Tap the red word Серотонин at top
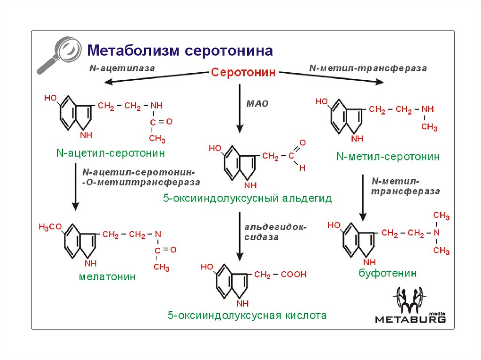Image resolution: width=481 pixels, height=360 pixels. coord(243,73)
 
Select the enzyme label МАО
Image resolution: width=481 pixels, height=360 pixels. coord(257,104)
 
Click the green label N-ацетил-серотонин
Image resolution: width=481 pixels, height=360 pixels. coord(111,153)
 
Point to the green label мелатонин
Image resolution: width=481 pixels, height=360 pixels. coord(107,277)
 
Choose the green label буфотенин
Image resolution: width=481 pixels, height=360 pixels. coord(388,273)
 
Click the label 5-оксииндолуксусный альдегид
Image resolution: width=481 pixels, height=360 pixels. coord(247,199)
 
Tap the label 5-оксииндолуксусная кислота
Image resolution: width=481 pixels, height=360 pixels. coord(247,315)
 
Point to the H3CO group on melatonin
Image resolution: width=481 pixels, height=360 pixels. coord(50,228)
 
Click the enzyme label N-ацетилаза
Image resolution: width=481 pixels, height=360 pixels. coord(122,68)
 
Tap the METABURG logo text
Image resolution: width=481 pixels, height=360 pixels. coord(410,319)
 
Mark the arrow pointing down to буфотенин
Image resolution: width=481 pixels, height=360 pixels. coord(363,197)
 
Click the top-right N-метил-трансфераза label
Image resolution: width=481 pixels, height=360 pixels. coord(368,68)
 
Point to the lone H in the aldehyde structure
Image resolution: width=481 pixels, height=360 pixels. coord(303,167)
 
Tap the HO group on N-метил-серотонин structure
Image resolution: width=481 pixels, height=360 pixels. coord(322,102)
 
